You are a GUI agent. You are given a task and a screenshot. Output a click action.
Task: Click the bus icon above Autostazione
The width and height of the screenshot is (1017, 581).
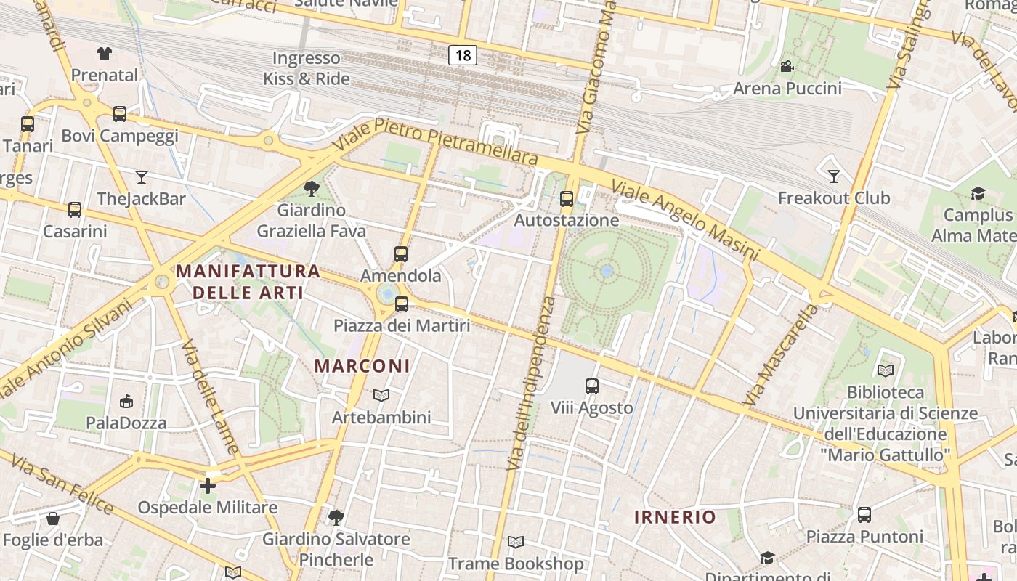click(567, 198)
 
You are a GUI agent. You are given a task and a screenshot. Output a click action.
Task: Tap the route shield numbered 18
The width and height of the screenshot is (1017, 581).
click(463, 55)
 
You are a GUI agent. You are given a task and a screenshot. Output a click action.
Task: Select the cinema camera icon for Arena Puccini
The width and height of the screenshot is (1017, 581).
click(787, 67)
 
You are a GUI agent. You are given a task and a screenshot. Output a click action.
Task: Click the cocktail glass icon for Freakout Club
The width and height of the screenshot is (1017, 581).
click(834, 176)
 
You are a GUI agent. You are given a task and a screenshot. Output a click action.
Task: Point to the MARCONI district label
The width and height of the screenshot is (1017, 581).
click(362, 366)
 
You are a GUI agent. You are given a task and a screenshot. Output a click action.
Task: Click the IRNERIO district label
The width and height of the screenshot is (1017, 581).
click(675, 517)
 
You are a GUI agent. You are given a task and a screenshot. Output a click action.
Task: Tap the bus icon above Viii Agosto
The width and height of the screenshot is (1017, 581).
click(592, 386)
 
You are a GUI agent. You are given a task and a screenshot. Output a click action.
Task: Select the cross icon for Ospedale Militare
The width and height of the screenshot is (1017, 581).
click(208, 485)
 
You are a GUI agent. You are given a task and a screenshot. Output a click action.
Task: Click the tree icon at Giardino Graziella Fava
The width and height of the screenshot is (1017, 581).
click(312, 189)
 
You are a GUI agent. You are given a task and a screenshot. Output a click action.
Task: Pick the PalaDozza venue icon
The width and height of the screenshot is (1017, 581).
click(126, 401)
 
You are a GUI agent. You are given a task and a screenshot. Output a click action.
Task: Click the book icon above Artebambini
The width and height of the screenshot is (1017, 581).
click(381, 396)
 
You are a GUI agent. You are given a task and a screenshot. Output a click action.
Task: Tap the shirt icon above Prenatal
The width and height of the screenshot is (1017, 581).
click(105, 53)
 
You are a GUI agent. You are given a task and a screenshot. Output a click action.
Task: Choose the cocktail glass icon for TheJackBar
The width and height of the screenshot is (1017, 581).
click(142, 176)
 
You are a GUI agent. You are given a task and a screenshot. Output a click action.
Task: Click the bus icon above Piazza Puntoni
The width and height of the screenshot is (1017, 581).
click(864, 515)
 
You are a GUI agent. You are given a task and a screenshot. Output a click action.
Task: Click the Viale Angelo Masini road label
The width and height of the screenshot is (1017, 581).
click(684, 221)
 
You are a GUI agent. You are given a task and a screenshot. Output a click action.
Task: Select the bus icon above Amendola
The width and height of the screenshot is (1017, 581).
click(401, 254)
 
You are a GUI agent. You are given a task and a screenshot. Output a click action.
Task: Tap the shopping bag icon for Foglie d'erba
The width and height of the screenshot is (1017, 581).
click(53, 519)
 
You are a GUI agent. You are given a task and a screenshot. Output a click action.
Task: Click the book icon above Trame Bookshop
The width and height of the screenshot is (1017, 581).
click(516, 542)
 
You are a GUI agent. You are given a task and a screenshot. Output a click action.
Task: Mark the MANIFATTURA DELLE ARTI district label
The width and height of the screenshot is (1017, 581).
click(248, 282)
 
